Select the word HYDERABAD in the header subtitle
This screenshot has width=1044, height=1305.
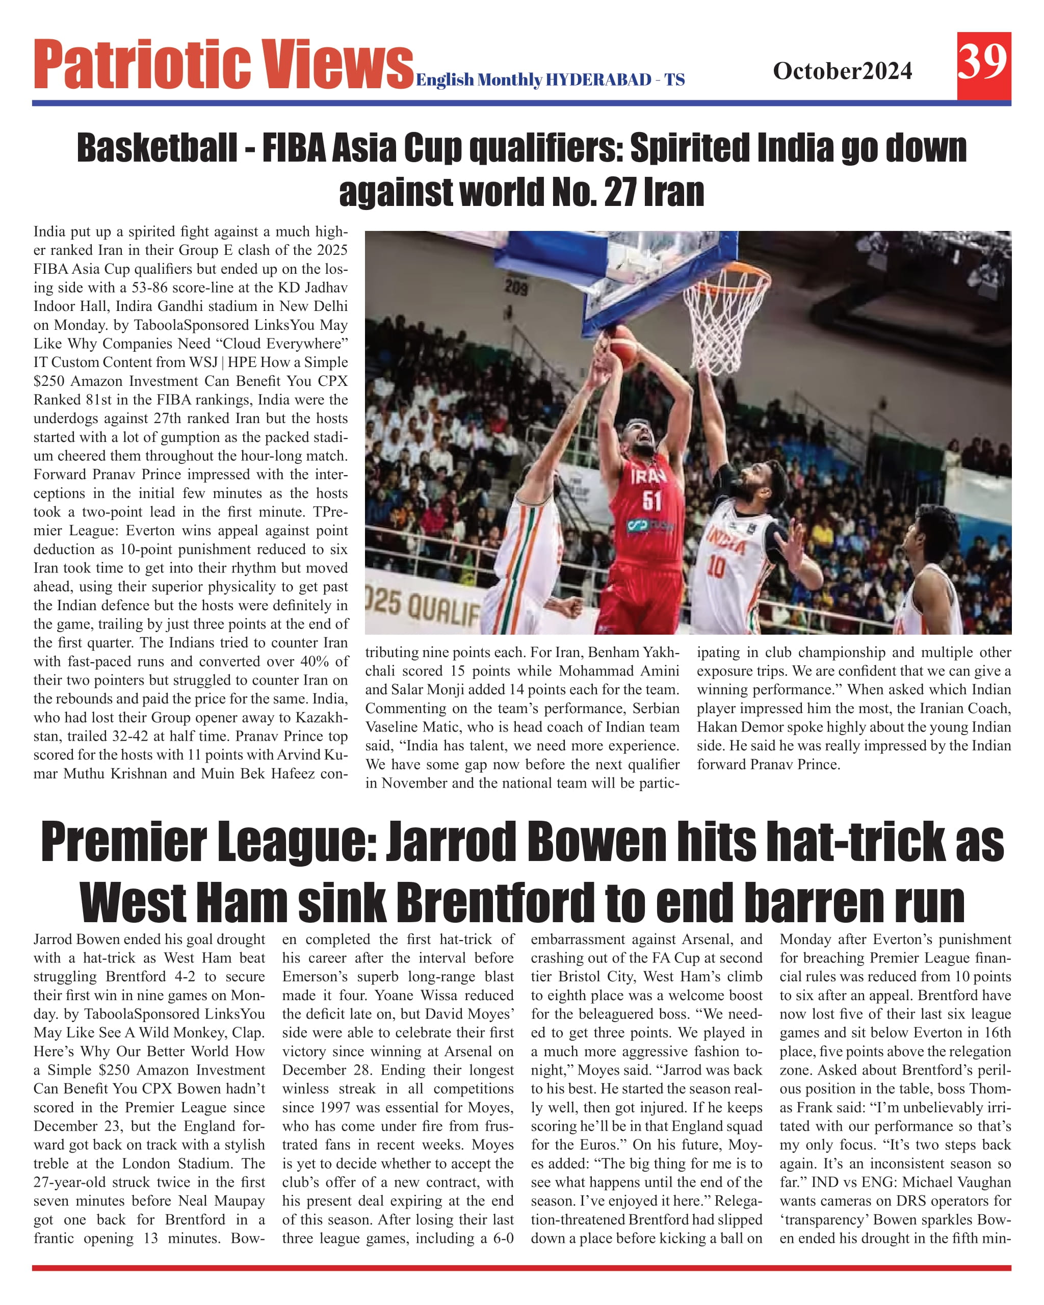click(598, 80)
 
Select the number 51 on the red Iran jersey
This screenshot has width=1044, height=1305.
click(652, 501)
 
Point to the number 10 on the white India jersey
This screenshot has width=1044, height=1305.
click(716, 567)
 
